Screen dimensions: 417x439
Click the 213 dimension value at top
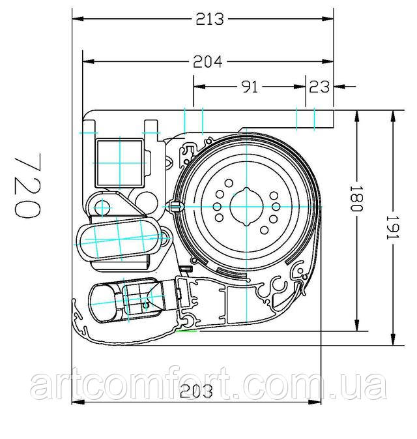point(210,19)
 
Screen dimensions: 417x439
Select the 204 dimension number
point(208,61)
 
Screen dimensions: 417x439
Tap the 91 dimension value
point(249,87)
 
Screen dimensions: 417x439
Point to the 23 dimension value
point(319,87)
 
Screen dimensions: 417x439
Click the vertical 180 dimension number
point(356,198)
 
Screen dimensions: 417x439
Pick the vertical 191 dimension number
point(393,228)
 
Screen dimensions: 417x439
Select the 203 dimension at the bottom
point(196,391)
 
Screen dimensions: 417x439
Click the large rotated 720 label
point(27,186)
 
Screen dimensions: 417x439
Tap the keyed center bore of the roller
point(246,207)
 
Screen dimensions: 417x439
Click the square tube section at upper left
point(120,163)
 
